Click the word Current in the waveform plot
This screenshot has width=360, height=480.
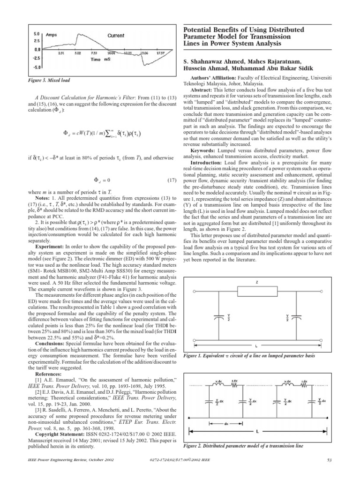click(116, 36)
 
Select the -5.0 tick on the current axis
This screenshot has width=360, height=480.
click(37, 67)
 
